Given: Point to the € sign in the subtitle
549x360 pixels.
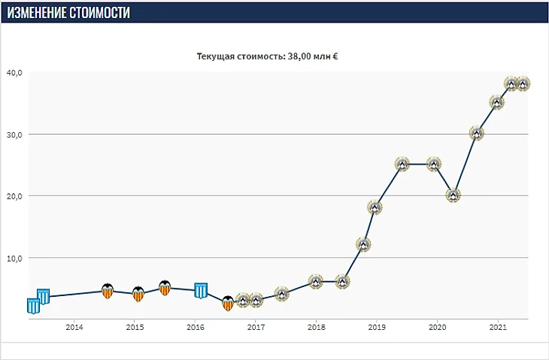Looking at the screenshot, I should (334, 56).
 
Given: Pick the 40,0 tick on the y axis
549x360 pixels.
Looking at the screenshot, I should (15, 73).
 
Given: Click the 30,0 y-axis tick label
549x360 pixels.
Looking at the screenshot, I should (15, 135).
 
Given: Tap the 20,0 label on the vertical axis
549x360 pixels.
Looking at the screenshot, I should (15, 196).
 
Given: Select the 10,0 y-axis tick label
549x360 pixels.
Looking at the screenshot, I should (15, 258).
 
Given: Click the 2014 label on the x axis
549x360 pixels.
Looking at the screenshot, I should (74, 327).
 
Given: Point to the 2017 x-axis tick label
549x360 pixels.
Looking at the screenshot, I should (256, 327).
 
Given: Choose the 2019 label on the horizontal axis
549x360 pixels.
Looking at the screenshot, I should (377, 327).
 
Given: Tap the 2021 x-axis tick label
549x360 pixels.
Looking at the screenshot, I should (497, 327).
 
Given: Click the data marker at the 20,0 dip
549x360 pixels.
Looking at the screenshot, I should (453, 195).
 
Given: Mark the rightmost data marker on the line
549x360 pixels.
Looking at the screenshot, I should (523, 83).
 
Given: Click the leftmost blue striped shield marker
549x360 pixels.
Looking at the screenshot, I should (33, 306).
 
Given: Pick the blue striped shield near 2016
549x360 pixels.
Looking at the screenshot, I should (201, 290).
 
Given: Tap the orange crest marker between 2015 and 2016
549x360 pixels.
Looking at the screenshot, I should (165, 288).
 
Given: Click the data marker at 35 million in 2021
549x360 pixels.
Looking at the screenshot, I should (496, 102).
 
